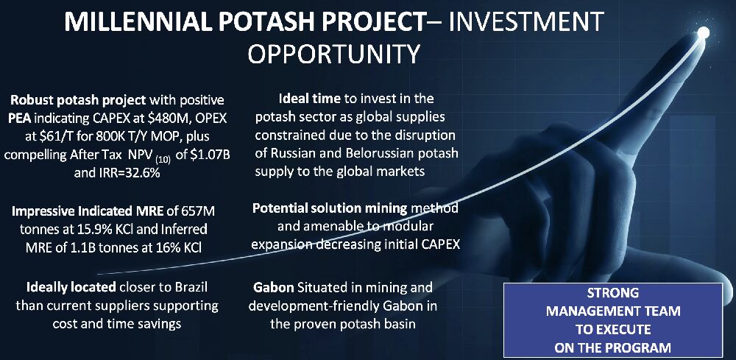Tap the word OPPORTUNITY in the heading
tap(333, 54)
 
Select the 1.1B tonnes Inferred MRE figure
tap(114, 247)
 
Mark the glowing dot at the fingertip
tap(703, 33)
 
